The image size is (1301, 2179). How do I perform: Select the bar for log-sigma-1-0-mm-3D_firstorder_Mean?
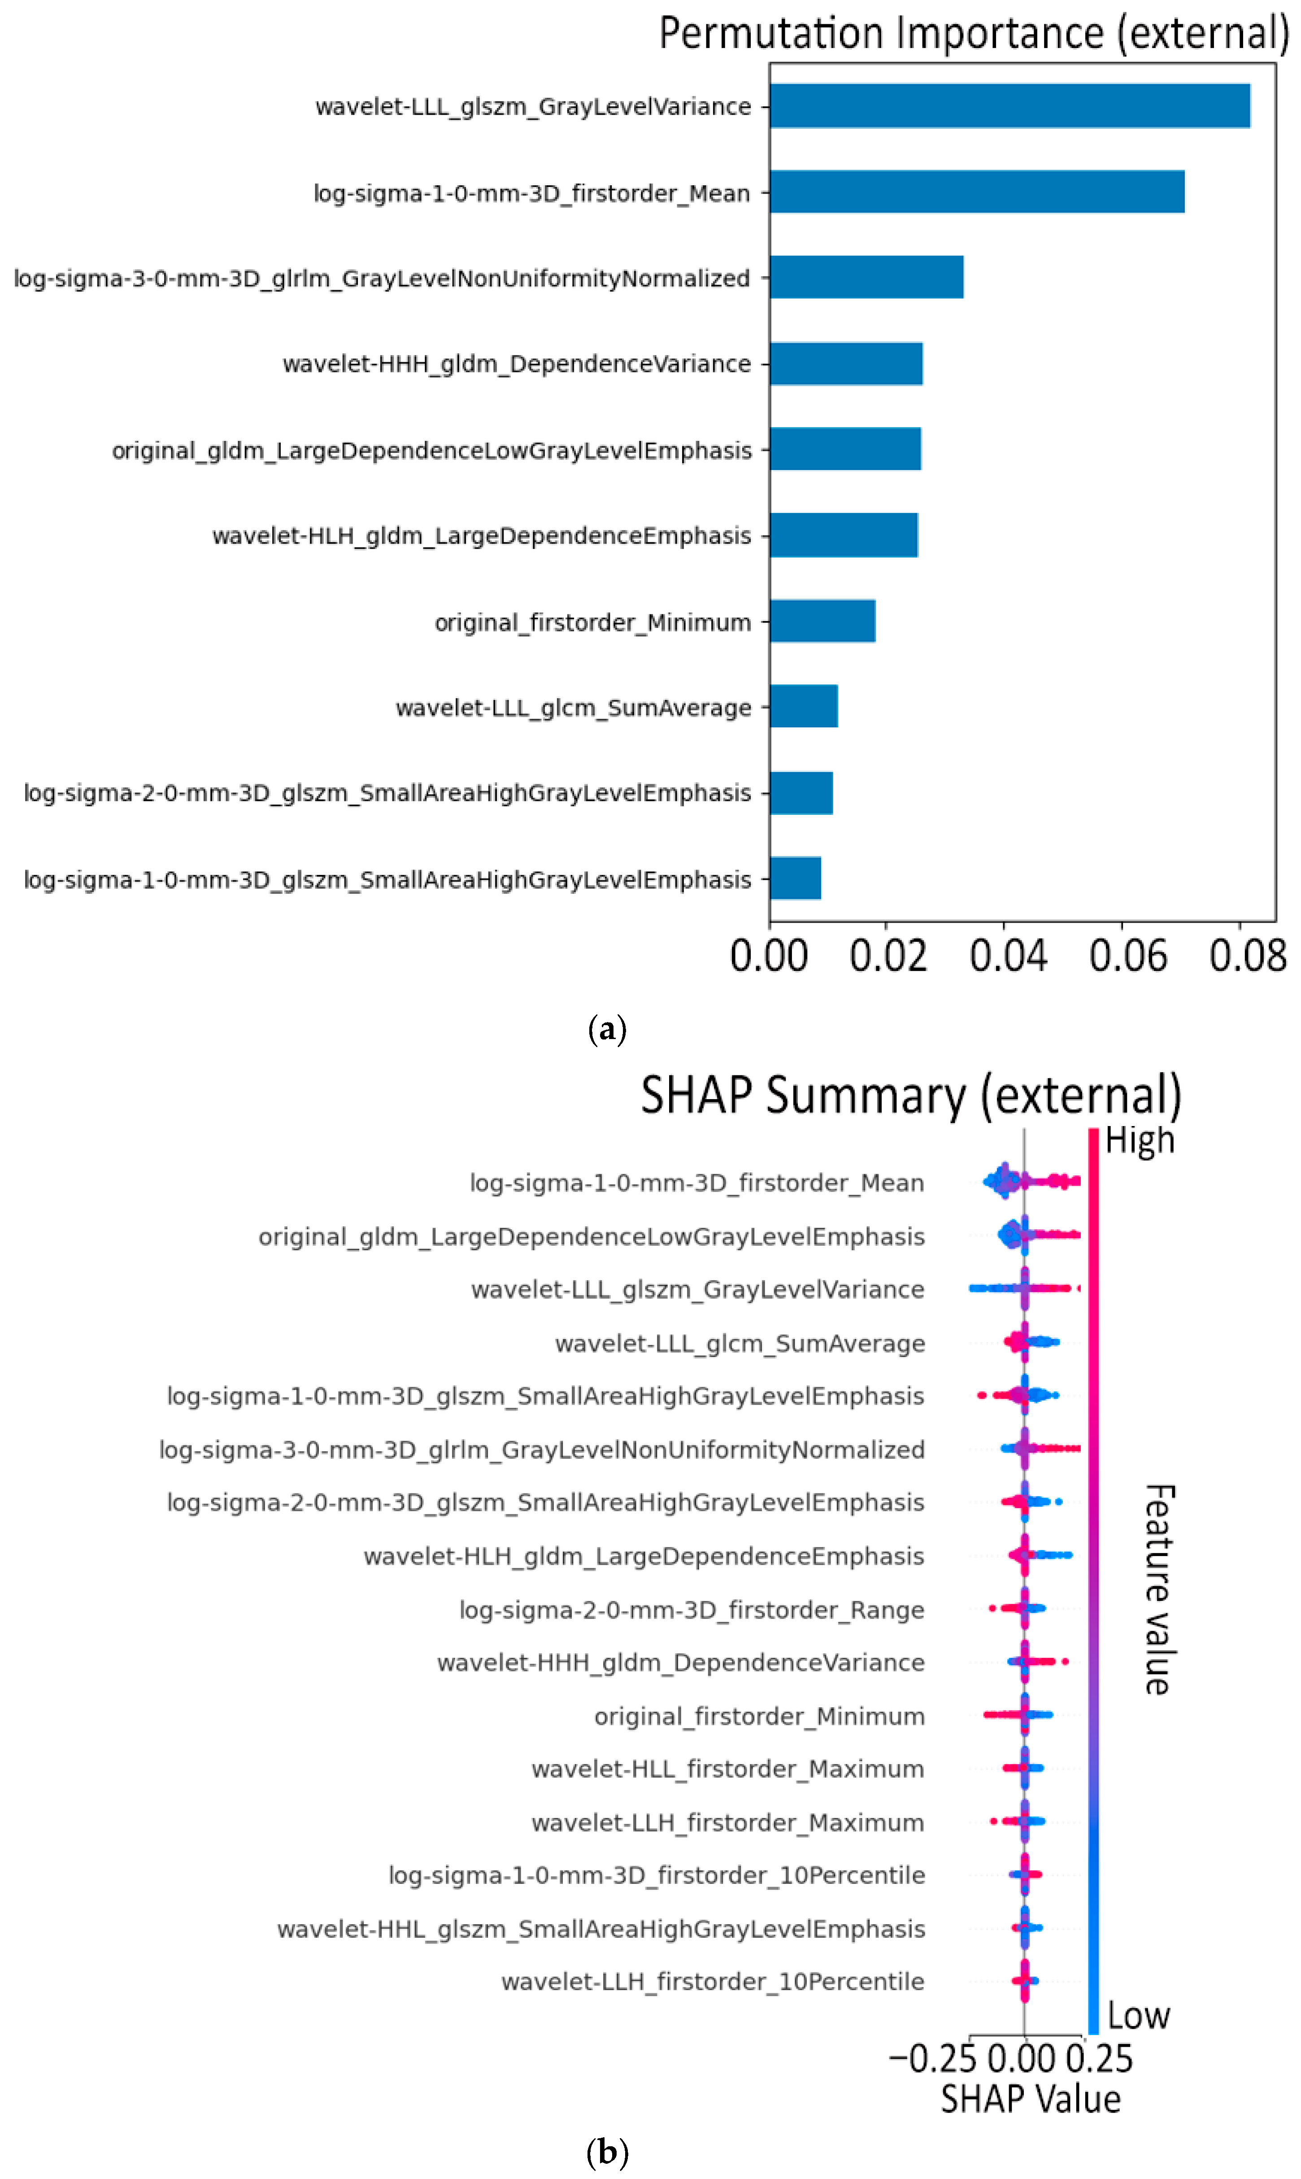click(x=977, y=192)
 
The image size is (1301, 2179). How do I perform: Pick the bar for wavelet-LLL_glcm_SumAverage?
click(x=803, y=706)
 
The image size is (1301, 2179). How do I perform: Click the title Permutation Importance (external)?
click(x=973, y=33)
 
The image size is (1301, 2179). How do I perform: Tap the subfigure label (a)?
click(x=607, y=1028)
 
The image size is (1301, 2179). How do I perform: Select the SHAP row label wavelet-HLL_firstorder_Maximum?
click(x=728, y=1769)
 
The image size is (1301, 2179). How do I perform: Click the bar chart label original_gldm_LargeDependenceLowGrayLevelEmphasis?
click(x=431, y=451)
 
